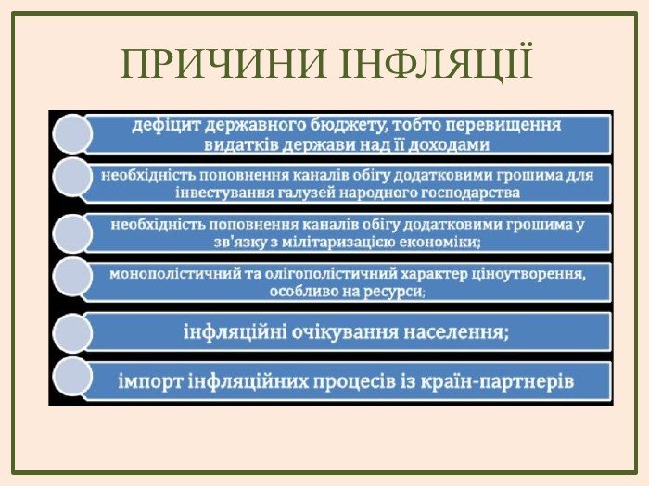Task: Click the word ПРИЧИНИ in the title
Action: point(223,64)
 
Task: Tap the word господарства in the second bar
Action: point(471,193)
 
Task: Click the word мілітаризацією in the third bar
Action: point(335,242)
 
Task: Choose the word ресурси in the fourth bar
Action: point(393,292)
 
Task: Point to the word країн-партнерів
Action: point(497,381)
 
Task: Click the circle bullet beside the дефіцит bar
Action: point(72,134)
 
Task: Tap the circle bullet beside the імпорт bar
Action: point(72,377)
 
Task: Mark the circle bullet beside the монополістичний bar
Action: point(72,277)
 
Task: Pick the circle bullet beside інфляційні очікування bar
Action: point(72,332)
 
